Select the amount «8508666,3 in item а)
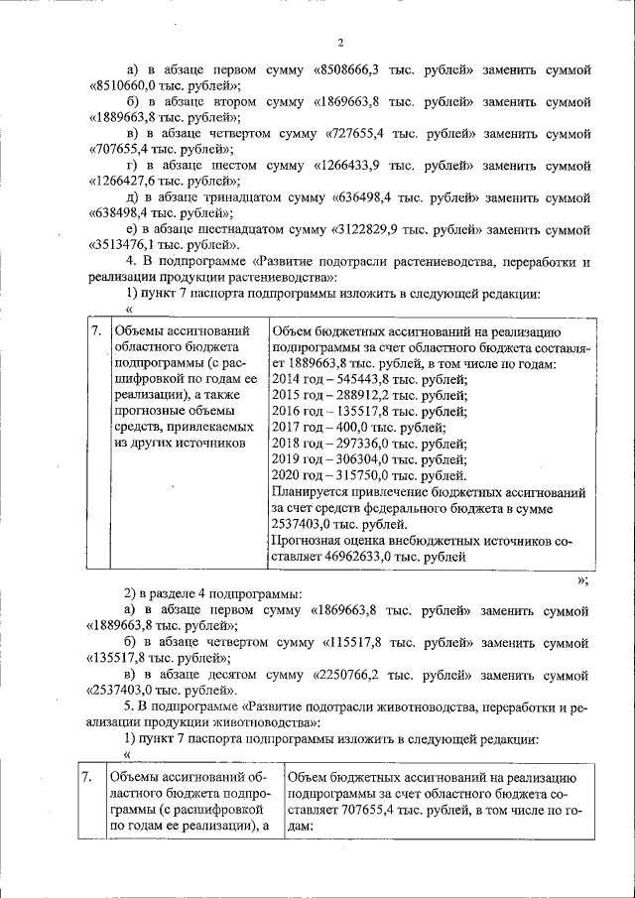[x=349, y=70]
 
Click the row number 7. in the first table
[x=96, y=331]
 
